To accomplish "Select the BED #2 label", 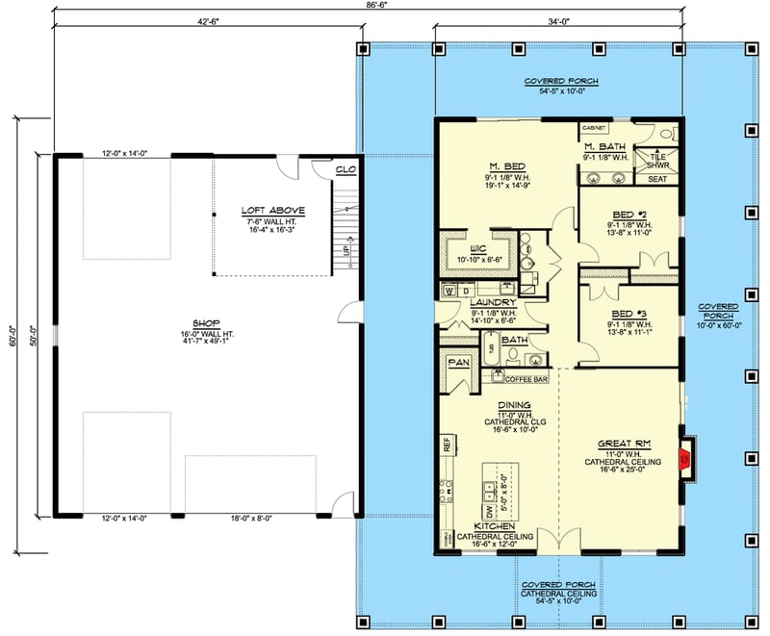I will tap(630, 217).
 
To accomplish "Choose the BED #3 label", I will tap(630, 314).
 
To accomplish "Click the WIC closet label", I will tap(477, 234).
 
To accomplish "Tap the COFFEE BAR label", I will tap(526, 380).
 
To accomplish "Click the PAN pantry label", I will tap(457, 362).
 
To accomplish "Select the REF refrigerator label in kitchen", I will tap(447, 444).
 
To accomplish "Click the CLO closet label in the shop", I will tap(345, 170).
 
